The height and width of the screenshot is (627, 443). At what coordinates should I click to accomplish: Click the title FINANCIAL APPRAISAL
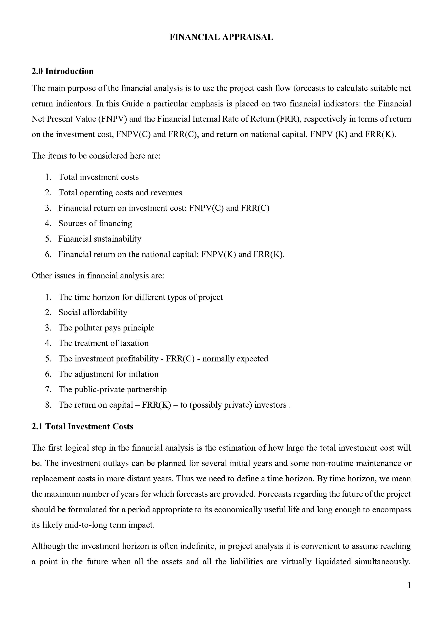tap(221, 37)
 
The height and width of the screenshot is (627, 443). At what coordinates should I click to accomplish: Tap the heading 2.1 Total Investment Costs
tap(82, 427)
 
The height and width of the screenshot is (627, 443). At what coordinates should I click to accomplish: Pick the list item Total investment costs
tap(98, 177)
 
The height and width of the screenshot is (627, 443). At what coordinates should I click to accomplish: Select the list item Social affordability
tap(93, 312)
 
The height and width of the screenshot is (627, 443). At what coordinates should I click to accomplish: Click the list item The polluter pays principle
tap(106, 328)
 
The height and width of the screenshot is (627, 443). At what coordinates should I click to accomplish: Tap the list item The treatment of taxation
tap(104, 343)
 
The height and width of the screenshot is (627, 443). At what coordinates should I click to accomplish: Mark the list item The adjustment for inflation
tap(108, 374)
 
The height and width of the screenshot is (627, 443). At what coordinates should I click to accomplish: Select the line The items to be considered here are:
tap(96, 156)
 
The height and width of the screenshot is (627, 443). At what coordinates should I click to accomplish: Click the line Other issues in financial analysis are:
tap(98, 276)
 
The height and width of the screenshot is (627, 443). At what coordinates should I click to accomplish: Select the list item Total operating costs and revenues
tap(120, 193)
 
